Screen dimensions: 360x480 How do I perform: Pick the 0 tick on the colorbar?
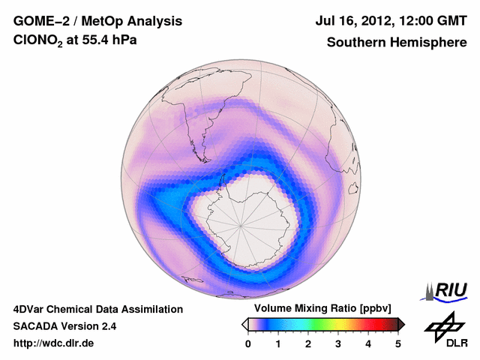[248, 343]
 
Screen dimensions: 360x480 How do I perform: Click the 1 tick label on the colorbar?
[278, 343]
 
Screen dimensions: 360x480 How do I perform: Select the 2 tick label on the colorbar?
[308, 343]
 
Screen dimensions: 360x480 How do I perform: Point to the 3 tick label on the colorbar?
[338, 343]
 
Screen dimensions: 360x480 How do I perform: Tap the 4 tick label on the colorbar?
[368, 343]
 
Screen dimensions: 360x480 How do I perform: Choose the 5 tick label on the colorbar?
[398, 343]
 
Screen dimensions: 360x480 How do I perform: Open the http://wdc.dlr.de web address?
[54, 344]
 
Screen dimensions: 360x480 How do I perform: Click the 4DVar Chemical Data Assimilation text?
[97, 309]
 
